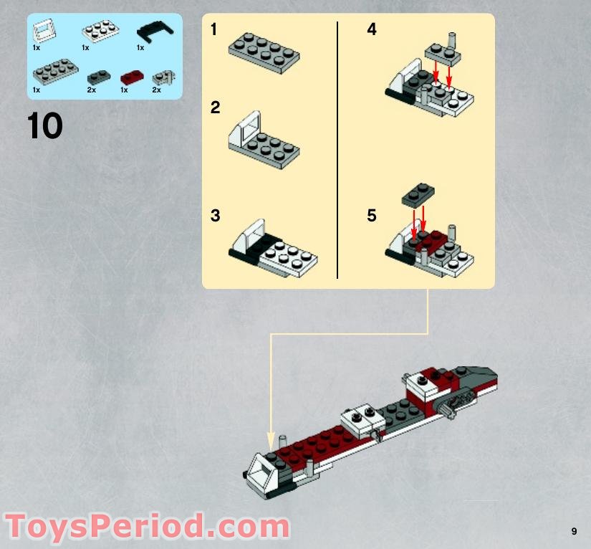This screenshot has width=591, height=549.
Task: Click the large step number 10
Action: click(45, 126)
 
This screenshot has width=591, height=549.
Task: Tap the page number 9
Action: click(574, 531)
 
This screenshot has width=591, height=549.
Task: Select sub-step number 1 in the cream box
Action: click(214, 30)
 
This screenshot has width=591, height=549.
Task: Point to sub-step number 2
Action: click(215, 108)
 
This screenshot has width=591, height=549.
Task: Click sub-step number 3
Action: click(215, 216)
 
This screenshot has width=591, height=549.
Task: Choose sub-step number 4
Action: click(371, 30)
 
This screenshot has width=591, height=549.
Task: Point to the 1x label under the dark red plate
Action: click(124, 90)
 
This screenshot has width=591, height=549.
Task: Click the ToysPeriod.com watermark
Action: click(147, 527)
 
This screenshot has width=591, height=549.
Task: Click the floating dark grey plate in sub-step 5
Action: click(418, 193)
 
